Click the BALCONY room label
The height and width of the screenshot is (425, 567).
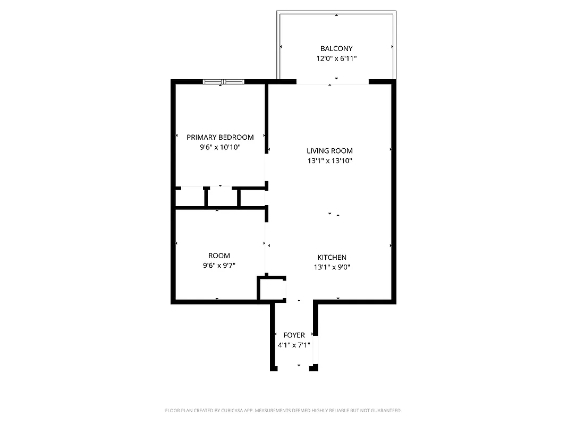point(336,48)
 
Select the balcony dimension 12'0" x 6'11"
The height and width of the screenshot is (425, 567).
point(336,58)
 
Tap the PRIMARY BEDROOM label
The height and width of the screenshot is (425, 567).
point(220,137)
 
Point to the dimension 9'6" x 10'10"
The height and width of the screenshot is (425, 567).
point(220,147)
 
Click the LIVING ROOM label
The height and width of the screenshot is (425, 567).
point(329,150)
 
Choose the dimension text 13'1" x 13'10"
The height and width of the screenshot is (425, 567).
point(329,160)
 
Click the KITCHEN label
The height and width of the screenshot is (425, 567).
point(332,257)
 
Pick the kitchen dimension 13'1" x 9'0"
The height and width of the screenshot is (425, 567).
point(332,267)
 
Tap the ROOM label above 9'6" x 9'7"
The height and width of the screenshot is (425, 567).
point(219,256)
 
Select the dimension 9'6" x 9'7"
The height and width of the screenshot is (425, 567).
point(219,266)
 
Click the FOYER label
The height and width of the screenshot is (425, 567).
point(294,335)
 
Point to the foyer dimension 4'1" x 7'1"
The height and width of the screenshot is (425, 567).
point(294,345)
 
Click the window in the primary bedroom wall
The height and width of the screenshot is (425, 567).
point(224,81)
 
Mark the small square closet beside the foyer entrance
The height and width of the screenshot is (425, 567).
point(272,288)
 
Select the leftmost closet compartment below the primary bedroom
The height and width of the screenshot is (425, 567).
point(190,197)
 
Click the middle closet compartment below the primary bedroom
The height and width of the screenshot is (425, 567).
point(222,197)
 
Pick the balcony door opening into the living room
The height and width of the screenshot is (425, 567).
point(332,82)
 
